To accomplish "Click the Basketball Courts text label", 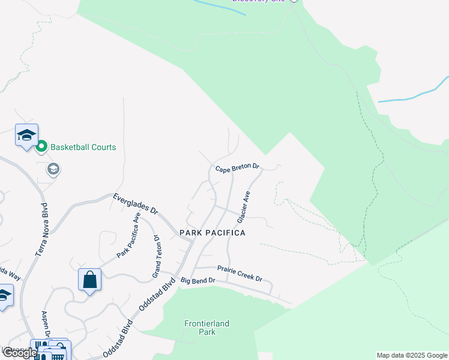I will (83, 147).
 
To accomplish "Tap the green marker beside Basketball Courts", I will (41, 146).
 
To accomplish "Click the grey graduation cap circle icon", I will (53, 170).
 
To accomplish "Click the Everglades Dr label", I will (136, 204).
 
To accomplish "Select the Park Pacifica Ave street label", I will (129, 235).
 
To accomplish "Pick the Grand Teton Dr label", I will (157, 256).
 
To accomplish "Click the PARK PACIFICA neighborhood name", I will (212, 232).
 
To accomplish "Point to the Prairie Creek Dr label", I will (240, 274).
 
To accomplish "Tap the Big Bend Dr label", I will (197, 281).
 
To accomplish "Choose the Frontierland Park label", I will (206, 328).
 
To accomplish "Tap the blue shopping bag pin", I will (89, 280).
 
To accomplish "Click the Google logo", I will (19, 353).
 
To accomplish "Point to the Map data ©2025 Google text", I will (412, 355).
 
